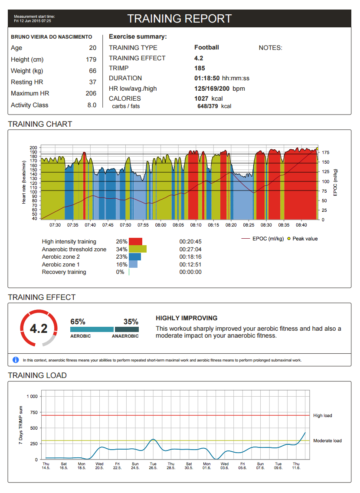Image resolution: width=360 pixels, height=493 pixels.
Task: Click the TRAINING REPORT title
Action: click(x=180, y=19)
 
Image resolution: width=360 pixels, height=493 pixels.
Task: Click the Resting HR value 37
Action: click(x=93, y=82)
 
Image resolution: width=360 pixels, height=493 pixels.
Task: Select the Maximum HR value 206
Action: click(x=91, y=93)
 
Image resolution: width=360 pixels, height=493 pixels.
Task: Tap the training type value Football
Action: click(x=206, y=48)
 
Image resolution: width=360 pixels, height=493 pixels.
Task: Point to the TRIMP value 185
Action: click(x=200, y=68)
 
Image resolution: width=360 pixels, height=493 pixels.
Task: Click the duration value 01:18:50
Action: click(x=207, y=78)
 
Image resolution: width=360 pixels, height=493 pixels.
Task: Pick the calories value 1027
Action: click(x=202, y=99)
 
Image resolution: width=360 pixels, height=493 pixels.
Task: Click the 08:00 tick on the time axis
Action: click(x=160, y=225)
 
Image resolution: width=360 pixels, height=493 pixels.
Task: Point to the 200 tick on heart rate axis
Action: click(x=34, y=148)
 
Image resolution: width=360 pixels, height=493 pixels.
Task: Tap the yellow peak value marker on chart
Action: click(x=317, y=148)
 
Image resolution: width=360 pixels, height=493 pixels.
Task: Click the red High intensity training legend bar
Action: click(x=135, y=242)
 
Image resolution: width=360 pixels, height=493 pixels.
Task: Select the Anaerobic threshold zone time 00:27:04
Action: click(x=190, y=249)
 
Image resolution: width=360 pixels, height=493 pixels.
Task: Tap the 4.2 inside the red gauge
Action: click(x=38, y=329)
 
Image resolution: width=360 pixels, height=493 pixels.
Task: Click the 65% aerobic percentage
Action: click(x=78, y=322)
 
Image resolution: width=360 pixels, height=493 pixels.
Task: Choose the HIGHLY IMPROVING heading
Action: click(x=187, y=318)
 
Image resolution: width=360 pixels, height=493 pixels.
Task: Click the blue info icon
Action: click(x=16, y=360)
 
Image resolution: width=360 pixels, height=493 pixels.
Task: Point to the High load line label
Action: click(x=322, y=416)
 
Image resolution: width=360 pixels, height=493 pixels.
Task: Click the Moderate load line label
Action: click(x=327, y=440)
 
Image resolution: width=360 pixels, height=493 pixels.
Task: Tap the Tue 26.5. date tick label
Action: click(x=153, y=466)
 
